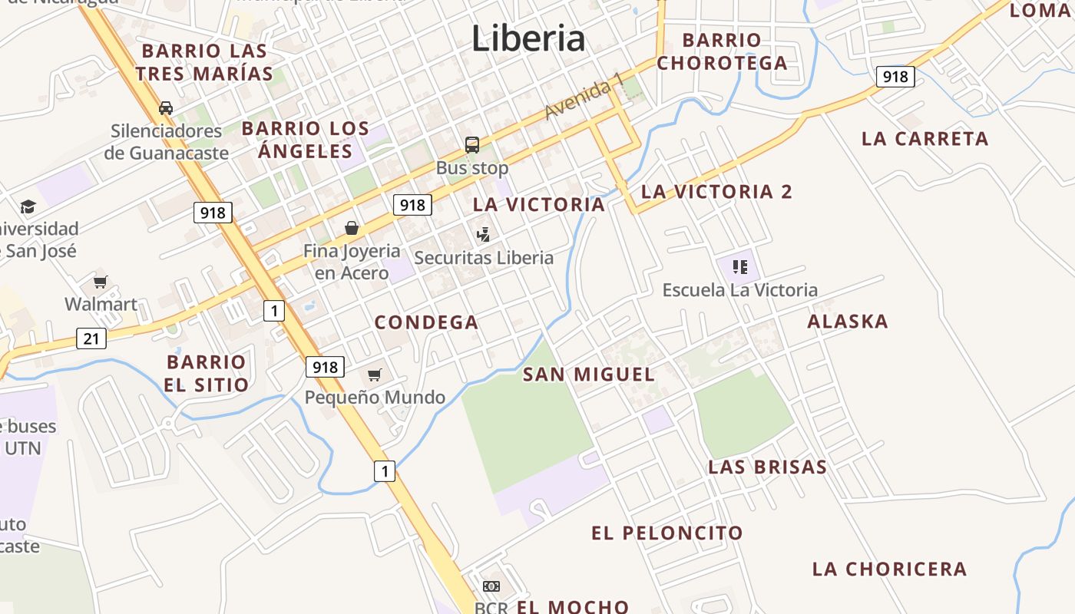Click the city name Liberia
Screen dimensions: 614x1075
[528, 38]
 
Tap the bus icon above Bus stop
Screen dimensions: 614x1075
[472, 144]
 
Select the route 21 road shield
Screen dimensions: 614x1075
[91, 338]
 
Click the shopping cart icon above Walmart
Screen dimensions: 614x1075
[101, 282]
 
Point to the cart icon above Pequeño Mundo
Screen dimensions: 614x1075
[375, 375]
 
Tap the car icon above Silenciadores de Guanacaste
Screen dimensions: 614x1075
[166, 108]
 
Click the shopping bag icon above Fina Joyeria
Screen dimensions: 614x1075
[352, 228]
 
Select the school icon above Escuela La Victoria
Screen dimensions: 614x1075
[740, 267]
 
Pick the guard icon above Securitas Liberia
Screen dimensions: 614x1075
[483, 234]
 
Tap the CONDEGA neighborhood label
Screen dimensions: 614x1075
[426, 322]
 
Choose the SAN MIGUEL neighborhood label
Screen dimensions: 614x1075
[589, 375]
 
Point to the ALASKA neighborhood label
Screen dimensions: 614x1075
[848, 322]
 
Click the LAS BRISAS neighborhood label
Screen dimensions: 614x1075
[767, 467]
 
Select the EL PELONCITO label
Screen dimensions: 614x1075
[667, 533]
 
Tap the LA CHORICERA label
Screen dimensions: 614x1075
[889, 569]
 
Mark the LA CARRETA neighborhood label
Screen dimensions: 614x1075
[925, 139]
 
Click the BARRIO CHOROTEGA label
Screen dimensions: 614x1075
[722, 51]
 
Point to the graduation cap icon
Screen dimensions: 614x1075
[28, 206]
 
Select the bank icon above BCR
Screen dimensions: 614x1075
[491, 586]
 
